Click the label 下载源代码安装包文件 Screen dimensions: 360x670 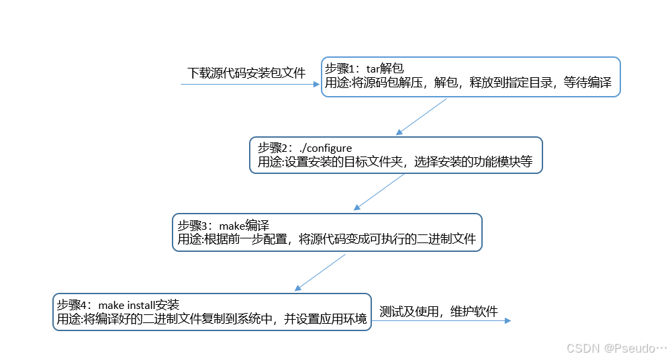coord(246,73)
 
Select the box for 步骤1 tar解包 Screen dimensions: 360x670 coord(470,77)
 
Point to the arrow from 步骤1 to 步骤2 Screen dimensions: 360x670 coord(422,117)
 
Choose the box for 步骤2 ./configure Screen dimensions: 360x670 coord(396,155)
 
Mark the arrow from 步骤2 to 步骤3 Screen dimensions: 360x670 coord(379,192)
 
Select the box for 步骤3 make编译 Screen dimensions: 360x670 coord(327,232)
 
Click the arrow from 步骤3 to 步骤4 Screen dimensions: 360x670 coord(321,272)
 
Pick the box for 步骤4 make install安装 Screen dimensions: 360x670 coord(211,312)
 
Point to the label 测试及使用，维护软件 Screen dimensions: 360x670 coord(438,312)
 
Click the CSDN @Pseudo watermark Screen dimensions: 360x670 coord(616,348)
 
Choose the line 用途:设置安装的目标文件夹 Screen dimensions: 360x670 coord(395,162)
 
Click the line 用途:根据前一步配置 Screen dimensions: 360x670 coord(326,238)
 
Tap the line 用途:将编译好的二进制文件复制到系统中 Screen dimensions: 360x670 coord(211,319)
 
